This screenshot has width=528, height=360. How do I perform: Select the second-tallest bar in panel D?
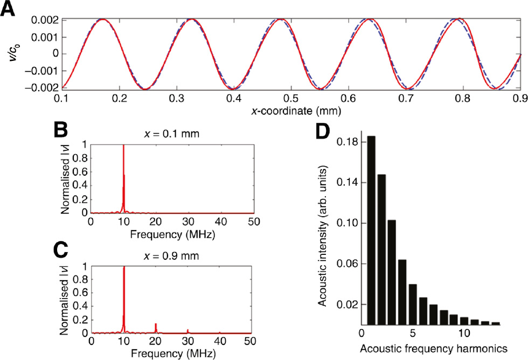[x=381, y=248]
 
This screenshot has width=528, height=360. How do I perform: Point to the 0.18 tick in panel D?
[x=347, y=142]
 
